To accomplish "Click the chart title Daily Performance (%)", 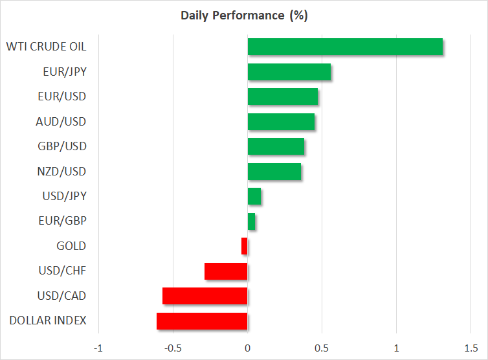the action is coord(244,16).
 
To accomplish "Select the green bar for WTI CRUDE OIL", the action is coord(345,47).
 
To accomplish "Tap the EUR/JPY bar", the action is coord(289,72).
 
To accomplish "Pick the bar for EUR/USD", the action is coord(283,96).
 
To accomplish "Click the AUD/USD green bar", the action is coord(281,122).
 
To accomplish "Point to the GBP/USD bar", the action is coord(276,146).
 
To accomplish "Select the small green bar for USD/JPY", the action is coord(254,196).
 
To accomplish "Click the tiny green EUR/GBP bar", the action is coord(252,221).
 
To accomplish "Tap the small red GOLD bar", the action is coord(244,246).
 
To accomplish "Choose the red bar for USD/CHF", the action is coord(226,271).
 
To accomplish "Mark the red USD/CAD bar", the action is coord(205,296).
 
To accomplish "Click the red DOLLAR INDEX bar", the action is coord(202,321).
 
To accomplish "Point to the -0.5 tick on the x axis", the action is coord(173,348).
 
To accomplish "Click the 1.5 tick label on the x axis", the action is coord(471,348).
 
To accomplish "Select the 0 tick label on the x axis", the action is coord(247,348).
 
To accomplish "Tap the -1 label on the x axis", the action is coord(98,348).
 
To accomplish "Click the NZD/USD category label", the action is coord(61,172).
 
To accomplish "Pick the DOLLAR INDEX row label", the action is coord(48,321).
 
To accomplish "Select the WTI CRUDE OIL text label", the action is coord(46,47).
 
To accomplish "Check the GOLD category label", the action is coord(71,246).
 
